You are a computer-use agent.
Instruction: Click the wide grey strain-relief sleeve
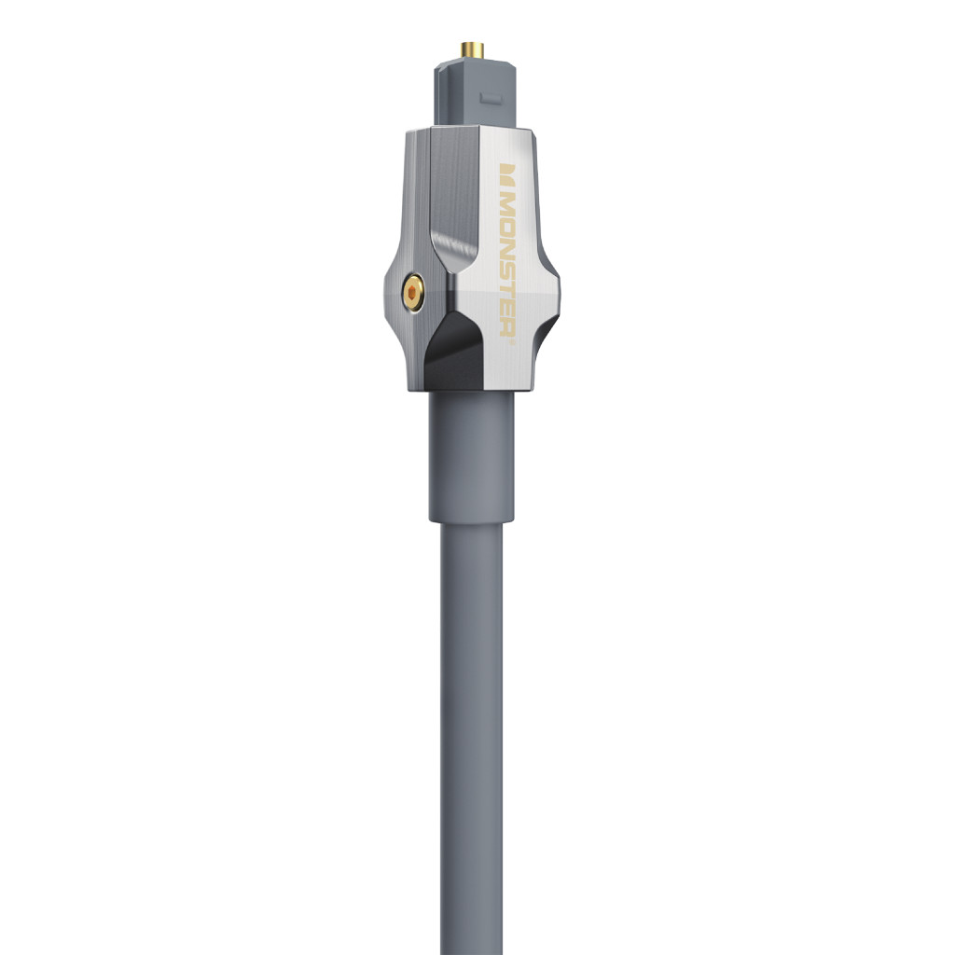click(x=471, y=457)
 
